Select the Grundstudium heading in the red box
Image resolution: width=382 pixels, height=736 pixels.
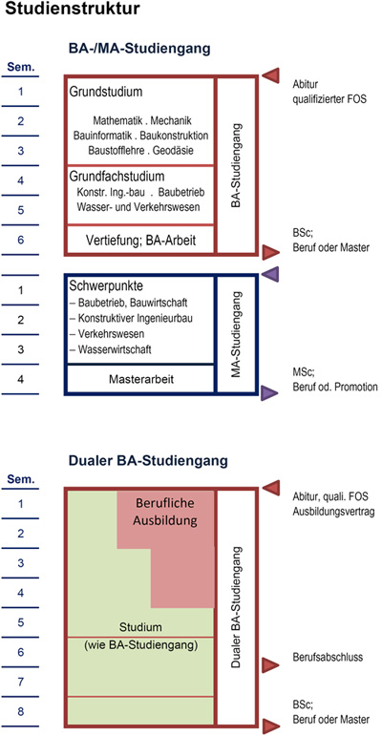tap(106, 92)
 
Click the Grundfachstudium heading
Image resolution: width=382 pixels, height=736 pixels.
tap(117, 177)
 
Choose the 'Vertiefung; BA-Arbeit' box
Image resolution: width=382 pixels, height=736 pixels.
tap(140, 241)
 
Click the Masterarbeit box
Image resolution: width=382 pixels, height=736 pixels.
tap(140, 379)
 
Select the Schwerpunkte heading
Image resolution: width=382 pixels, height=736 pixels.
tap(106, 285)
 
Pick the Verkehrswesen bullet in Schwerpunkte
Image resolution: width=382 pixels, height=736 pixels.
tap(107, 334)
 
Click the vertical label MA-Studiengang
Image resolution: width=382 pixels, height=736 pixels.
tap(236, 333)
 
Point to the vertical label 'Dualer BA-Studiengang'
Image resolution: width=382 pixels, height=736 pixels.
tap(236, 608)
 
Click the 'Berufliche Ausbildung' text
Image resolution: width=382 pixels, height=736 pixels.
tap(165, 512)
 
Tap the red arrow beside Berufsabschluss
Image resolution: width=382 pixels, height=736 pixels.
tap(270, 665)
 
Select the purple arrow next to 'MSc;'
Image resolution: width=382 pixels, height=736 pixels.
tap(269, 393)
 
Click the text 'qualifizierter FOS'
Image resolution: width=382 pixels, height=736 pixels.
tap(329, 99)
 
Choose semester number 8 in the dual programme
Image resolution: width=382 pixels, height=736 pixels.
tap(20, 711)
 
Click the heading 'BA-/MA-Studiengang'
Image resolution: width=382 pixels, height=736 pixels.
tap(139, 49)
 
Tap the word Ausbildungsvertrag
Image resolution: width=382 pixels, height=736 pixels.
tap(333, 512)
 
